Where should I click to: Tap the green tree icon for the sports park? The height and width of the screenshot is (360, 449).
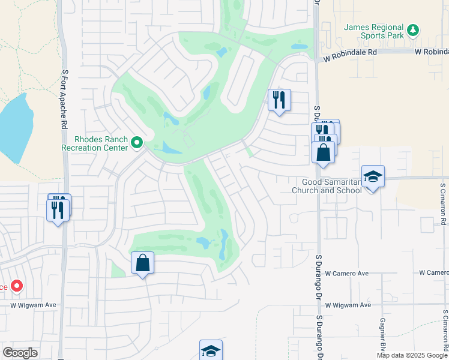tap(412, 29)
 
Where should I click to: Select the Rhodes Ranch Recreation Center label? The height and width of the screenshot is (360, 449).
tap(95, 144)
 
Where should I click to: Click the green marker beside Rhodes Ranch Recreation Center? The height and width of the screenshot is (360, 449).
tap(137, 143)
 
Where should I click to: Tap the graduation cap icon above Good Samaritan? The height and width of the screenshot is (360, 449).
tap(373, 176)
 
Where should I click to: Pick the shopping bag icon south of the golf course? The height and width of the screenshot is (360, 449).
tap(142, 263)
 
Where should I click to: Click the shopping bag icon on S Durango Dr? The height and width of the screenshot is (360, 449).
tap(323, 152)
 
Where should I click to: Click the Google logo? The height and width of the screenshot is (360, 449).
tap(20, 353)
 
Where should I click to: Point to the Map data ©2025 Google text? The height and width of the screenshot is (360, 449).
tap(412, 355)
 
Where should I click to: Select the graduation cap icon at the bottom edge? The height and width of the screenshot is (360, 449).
tap(211, 350)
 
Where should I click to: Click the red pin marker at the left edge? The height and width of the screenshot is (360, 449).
tap(16, 286)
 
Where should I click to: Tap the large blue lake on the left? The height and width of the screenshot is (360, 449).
tap(13, 126)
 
